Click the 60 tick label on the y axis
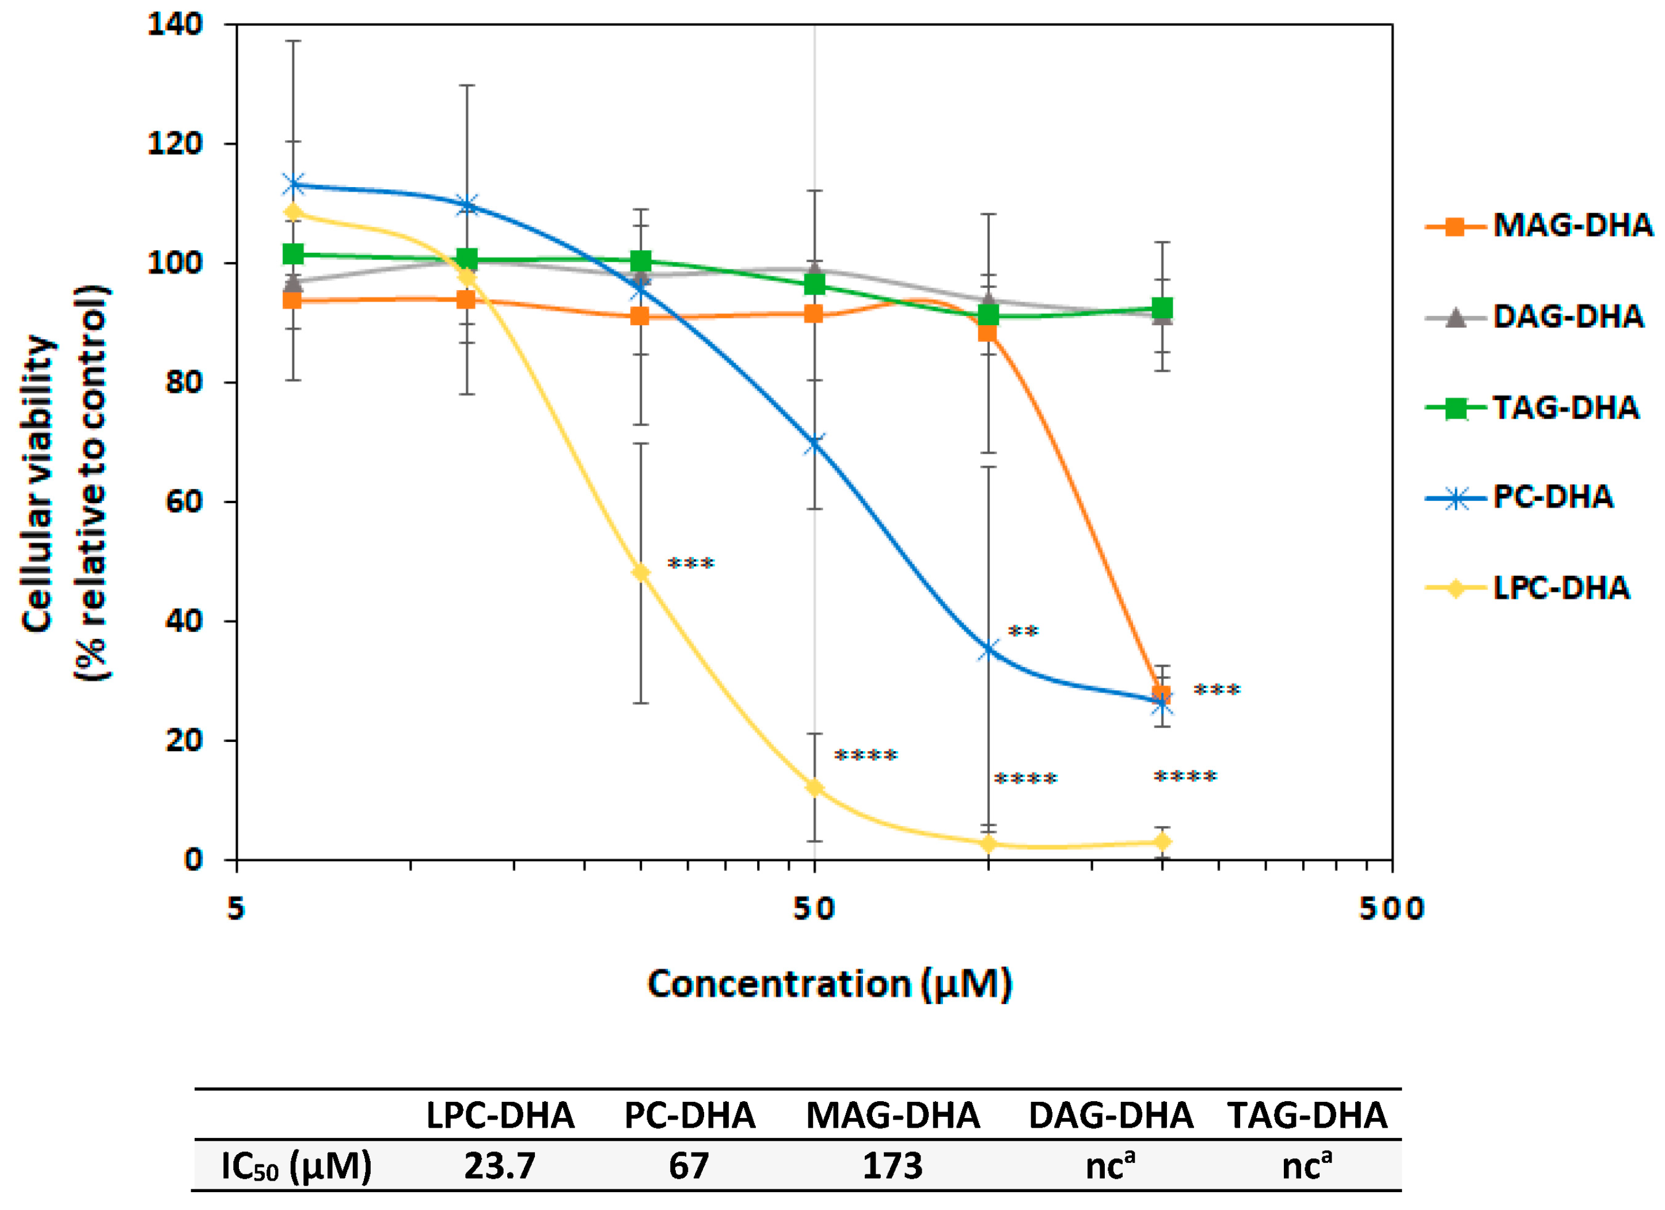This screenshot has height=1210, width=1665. tap(184, 501)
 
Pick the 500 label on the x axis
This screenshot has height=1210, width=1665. tap(1391, 909)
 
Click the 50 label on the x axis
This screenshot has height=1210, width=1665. tap(814, 909)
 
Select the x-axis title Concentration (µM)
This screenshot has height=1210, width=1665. tap(830, 984)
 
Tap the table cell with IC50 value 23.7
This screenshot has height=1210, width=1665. tap(500, 1165)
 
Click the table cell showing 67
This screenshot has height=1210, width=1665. tap(689, 1165)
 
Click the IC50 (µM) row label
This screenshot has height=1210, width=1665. tap(296, 1165)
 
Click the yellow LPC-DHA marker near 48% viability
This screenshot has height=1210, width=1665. tap(641, 573)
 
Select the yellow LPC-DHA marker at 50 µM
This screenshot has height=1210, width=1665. tap(814, 788)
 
